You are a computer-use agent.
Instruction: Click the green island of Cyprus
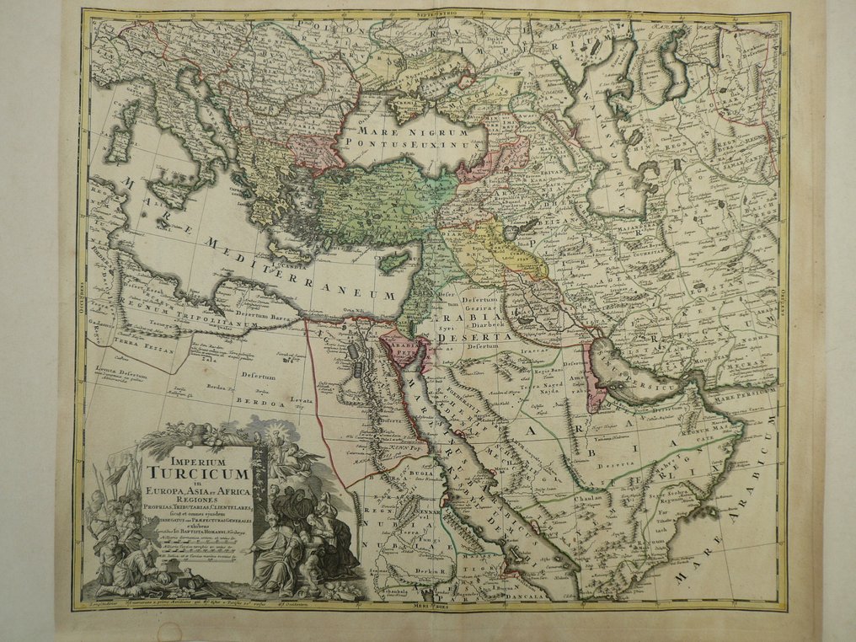coord(393,263)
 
